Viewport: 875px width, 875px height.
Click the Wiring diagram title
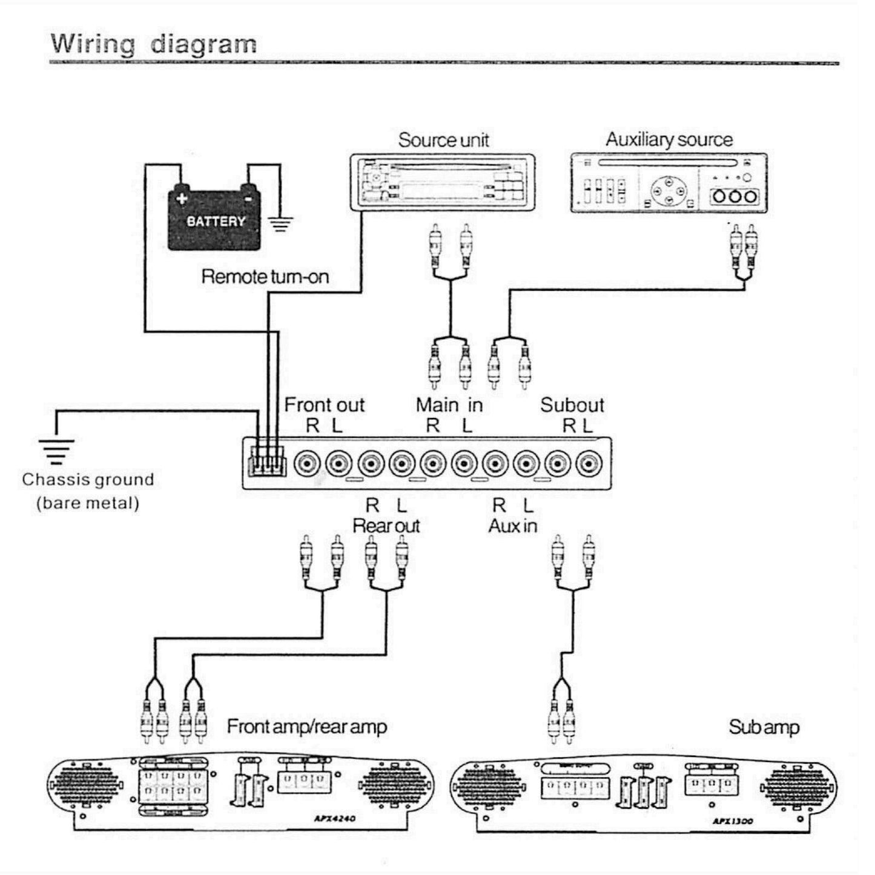tap(153, 44)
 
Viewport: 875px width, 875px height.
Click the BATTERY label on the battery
tap(216, 222)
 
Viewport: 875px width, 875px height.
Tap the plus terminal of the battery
tap(181, 198)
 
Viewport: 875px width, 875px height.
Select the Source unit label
tap(443, 140)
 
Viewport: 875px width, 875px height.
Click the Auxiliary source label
tap(669, 140)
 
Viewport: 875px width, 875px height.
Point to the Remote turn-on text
tap(265, 277)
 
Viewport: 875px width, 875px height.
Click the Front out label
tap(325, 404)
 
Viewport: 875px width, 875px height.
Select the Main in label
tap(449, 404)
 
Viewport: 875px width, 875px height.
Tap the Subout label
tap(572, 404)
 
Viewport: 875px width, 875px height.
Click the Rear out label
tap(386, 526)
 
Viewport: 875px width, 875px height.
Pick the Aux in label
tap(512, 526)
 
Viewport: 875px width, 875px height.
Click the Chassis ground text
tap(88, 480)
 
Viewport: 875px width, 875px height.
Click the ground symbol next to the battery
tap(280, 225)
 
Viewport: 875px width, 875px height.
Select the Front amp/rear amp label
tap(306, 726)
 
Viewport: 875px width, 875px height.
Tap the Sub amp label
tap(764, 727)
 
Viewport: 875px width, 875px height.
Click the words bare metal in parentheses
tap(88, 503)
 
